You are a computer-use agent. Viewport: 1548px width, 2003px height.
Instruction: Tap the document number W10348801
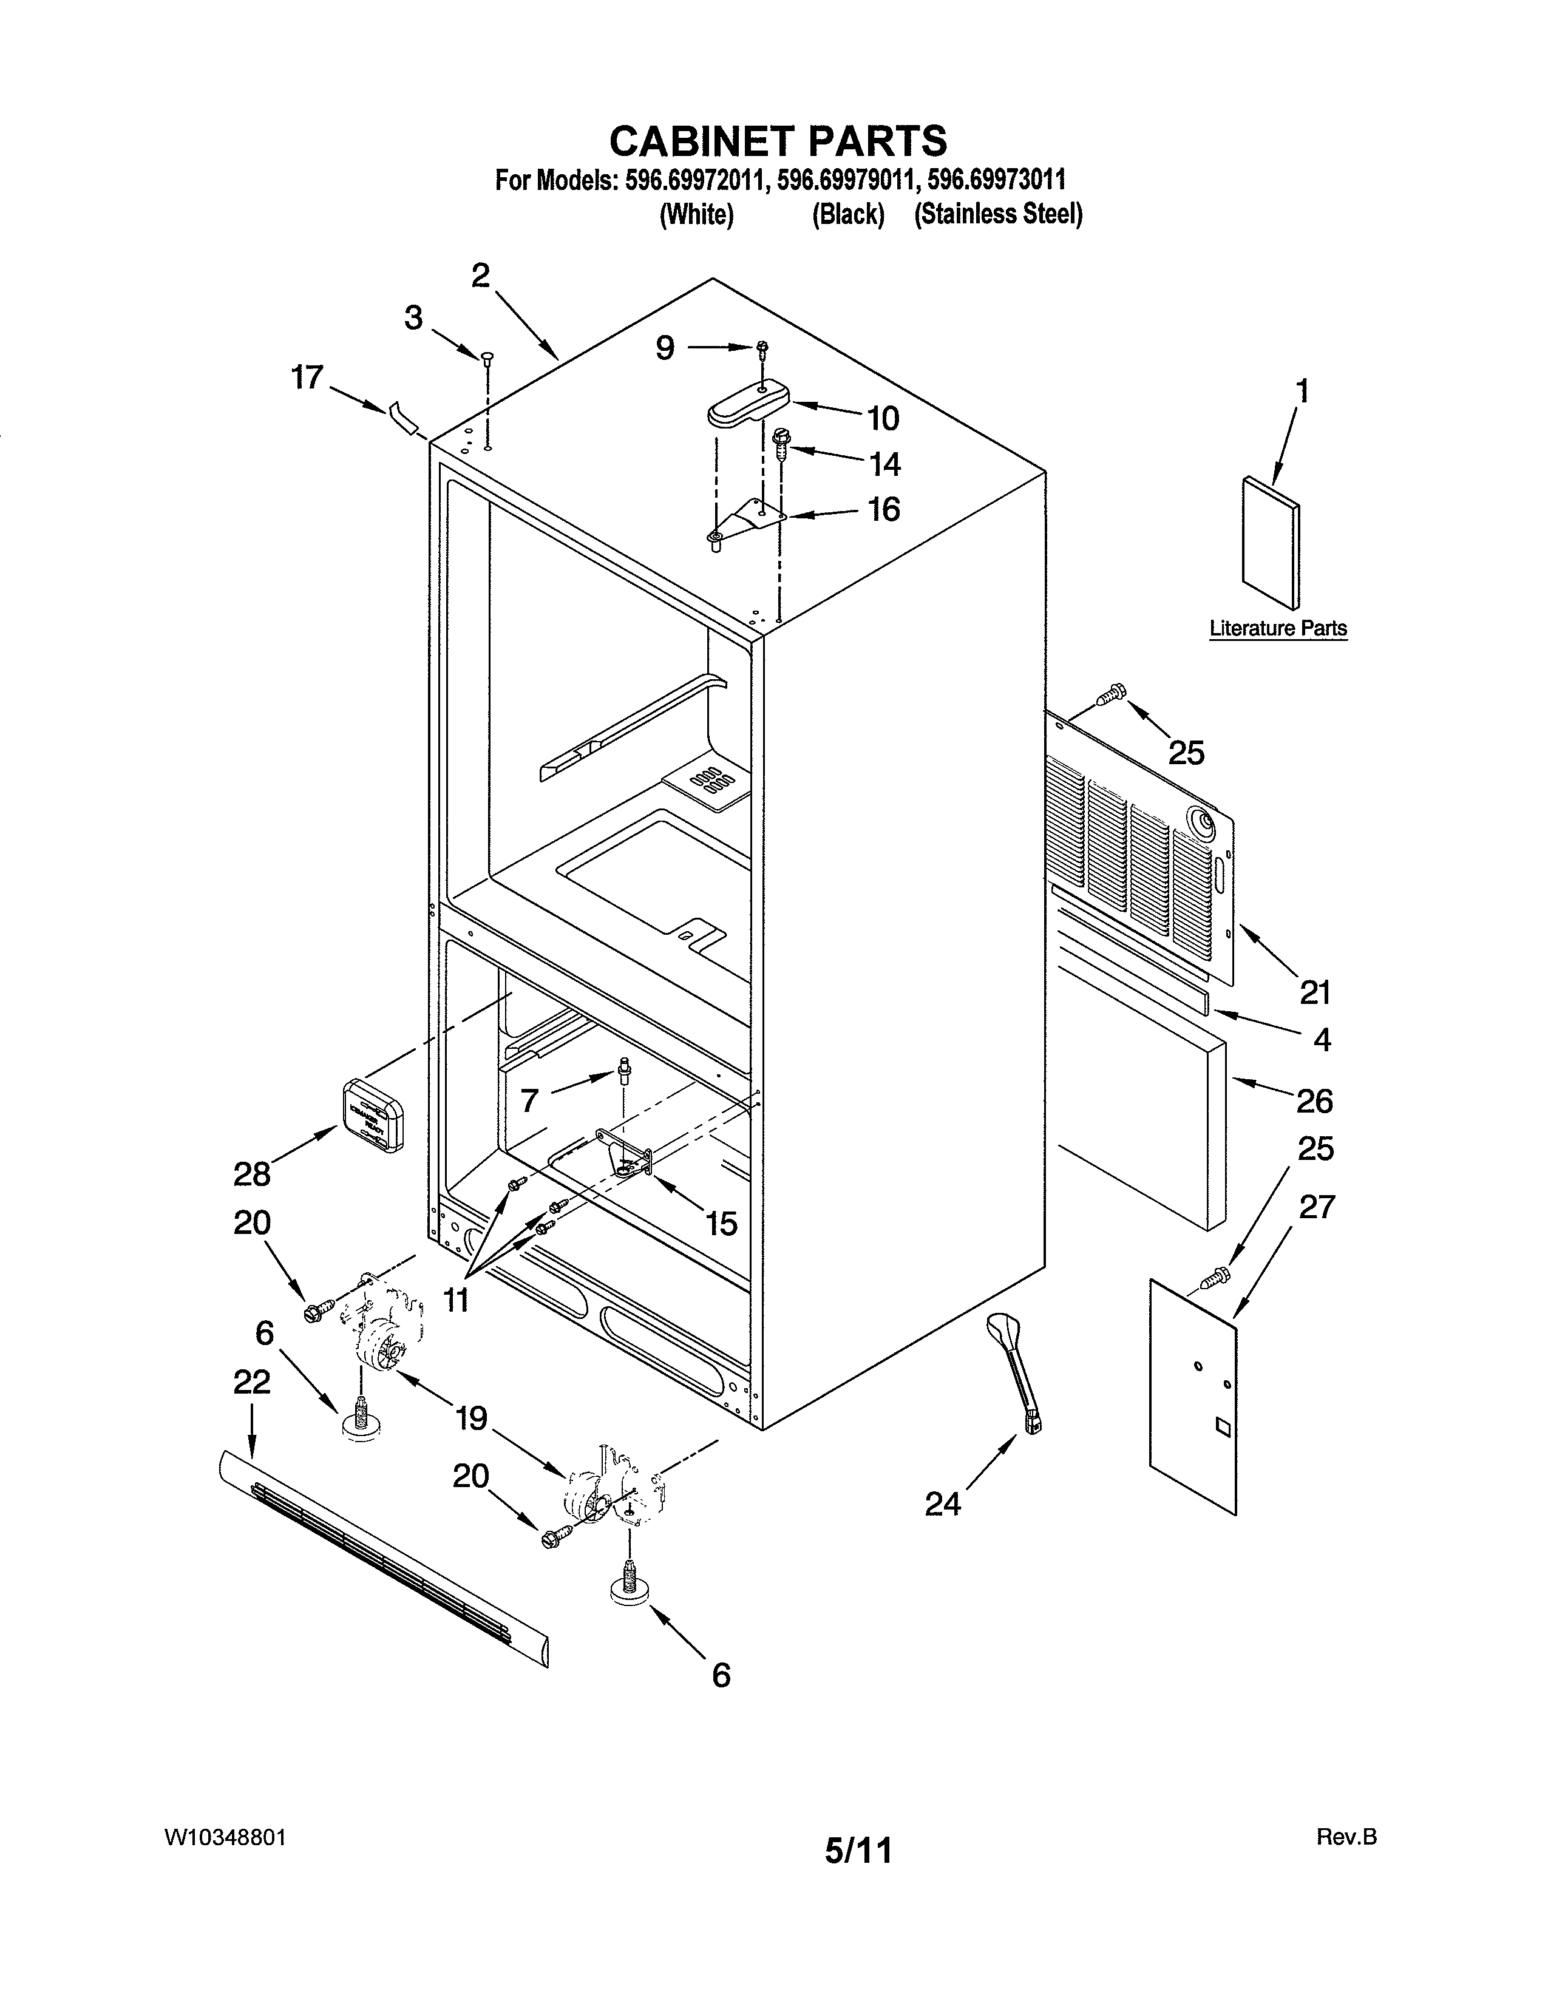226,1863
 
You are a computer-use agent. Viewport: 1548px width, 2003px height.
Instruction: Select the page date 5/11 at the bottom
857,1876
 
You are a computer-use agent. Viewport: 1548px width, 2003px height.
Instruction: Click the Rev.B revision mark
1346,1863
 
